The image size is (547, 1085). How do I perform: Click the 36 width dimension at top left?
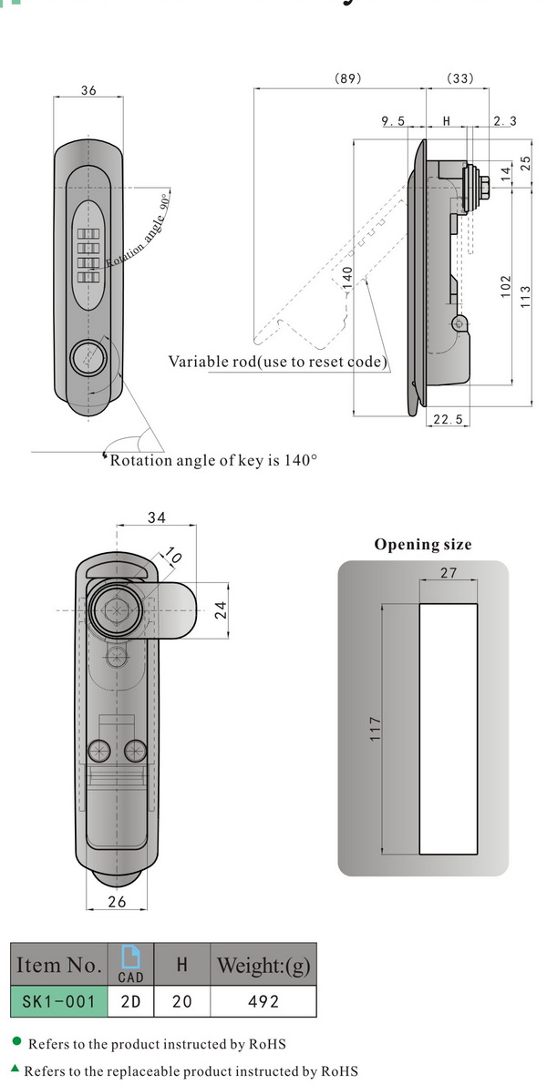88,90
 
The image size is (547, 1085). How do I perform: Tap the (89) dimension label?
348,79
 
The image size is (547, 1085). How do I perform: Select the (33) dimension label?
460,79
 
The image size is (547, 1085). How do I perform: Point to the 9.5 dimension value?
393,121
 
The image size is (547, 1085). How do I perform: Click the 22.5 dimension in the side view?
448,418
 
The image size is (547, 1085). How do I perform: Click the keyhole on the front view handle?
90,354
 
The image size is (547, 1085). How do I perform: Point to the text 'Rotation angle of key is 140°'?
213,460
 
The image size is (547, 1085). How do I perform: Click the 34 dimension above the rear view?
157,518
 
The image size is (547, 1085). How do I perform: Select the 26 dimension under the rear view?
117,902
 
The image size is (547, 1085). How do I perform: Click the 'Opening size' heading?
423,545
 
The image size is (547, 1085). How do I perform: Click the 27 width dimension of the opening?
448,573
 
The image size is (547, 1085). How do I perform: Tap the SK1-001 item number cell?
59,1001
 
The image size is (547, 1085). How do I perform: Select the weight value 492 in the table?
263,1001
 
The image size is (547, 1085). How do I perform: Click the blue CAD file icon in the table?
131,957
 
